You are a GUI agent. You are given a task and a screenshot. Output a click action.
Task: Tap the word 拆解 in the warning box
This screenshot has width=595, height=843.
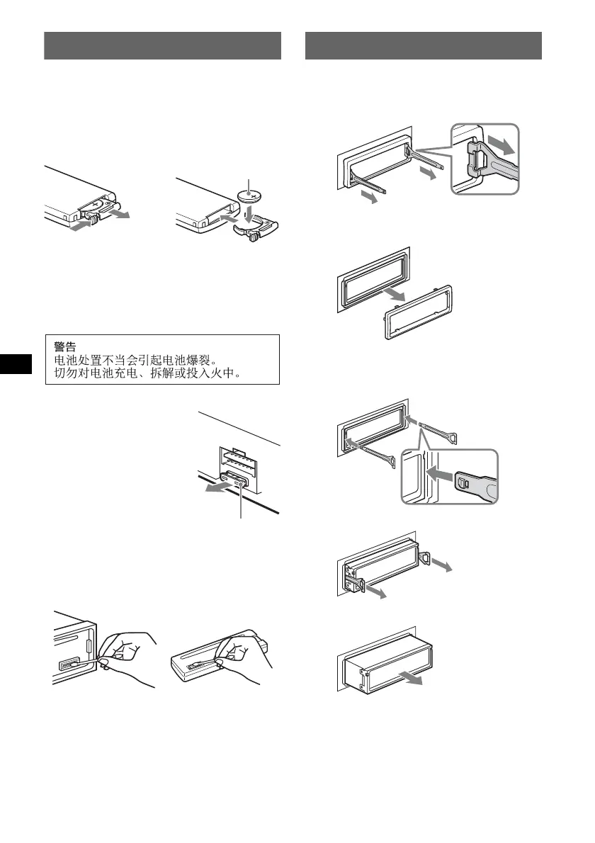(169, 373)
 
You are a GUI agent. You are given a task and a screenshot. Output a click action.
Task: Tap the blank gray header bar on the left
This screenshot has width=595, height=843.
(162, 45)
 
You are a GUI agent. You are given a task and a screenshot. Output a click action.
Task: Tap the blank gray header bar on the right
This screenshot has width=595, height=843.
(423, 45)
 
